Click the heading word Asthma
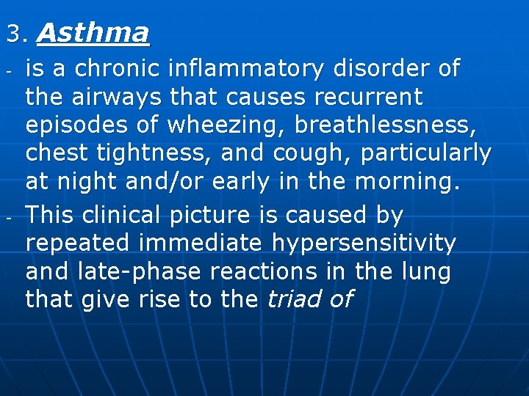[93, 33]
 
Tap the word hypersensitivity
[365, 243]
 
